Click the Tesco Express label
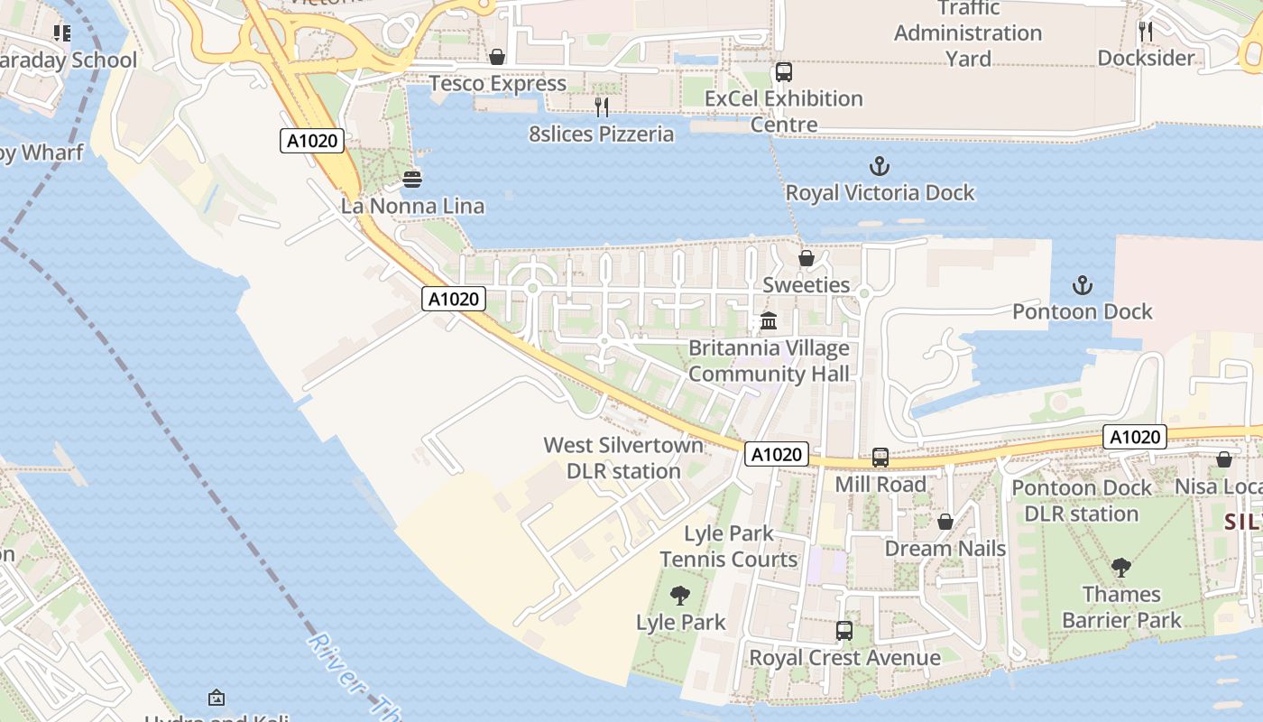pyautogui.click(x=497, y=84)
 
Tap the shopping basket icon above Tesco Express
pyautogui.click(x=496, y=58)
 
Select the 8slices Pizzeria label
pyautogui.click(x=601, y=134)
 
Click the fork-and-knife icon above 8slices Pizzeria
pyautogui.click(x=601, y=107)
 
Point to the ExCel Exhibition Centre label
pyautogui.click(x=783, y=111)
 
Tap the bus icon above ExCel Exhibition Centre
pyautogui.click(x=783, y=72)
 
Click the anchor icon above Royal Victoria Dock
pyautogui.click(x=879, y=166)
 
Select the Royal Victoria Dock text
pyautogui.click(x=880, y=192)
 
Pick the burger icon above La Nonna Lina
pyautogui.click(x=412, y=180)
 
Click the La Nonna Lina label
pyautogui.click(x=412, y=206)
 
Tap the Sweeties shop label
pyautogui.click(x=807, y=285)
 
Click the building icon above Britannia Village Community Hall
pyautogui.click(x=769, y=321)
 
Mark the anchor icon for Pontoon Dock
pyautogui.click(x=1082, y=286)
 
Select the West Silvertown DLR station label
pyautogui.click(x=623, y=458)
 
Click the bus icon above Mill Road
pyautogui.click(x=880, y=458)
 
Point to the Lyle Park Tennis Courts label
pyautogui.click(x=729, y=546)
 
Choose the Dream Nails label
pyautogui.click(x=945, y=549)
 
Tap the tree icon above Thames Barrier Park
pyautogui.click(x=1121, y=568)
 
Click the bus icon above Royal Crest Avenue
pyautogui.click(x=844, y=631)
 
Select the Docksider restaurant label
pyautogui.click(x=1146, y=58)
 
